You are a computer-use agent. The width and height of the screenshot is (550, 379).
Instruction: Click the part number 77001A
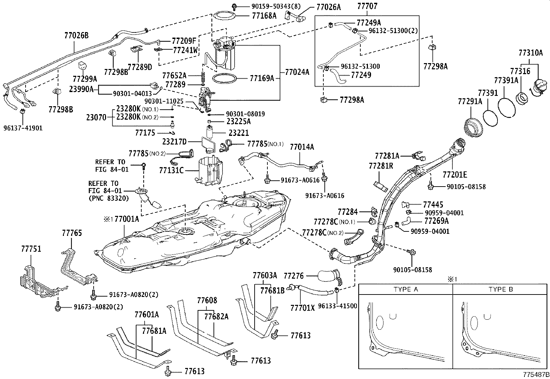127,219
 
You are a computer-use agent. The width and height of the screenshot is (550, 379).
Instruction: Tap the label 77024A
297,72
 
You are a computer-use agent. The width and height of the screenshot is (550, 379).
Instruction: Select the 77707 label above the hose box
367,6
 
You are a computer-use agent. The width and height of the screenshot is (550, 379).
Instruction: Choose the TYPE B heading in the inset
501,289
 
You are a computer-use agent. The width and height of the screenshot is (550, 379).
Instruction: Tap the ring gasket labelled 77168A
224,16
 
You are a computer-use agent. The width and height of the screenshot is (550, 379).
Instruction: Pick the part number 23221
239,133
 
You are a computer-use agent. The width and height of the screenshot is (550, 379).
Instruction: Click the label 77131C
171,170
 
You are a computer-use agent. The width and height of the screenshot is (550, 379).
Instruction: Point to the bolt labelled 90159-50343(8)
234,6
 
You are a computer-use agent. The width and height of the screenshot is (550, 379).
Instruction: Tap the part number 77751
31,249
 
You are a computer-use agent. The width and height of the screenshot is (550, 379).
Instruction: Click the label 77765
72,233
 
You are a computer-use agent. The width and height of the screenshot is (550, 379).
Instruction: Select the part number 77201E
455,174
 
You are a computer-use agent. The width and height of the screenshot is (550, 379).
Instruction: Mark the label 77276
294,276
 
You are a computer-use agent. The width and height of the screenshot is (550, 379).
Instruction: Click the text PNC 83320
108,198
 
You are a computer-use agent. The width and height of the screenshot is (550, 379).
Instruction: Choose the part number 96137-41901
23,128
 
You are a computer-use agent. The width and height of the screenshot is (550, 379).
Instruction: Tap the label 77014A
302,147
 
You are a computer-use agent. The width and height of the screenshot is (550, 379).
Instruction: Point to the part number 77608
207,300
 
